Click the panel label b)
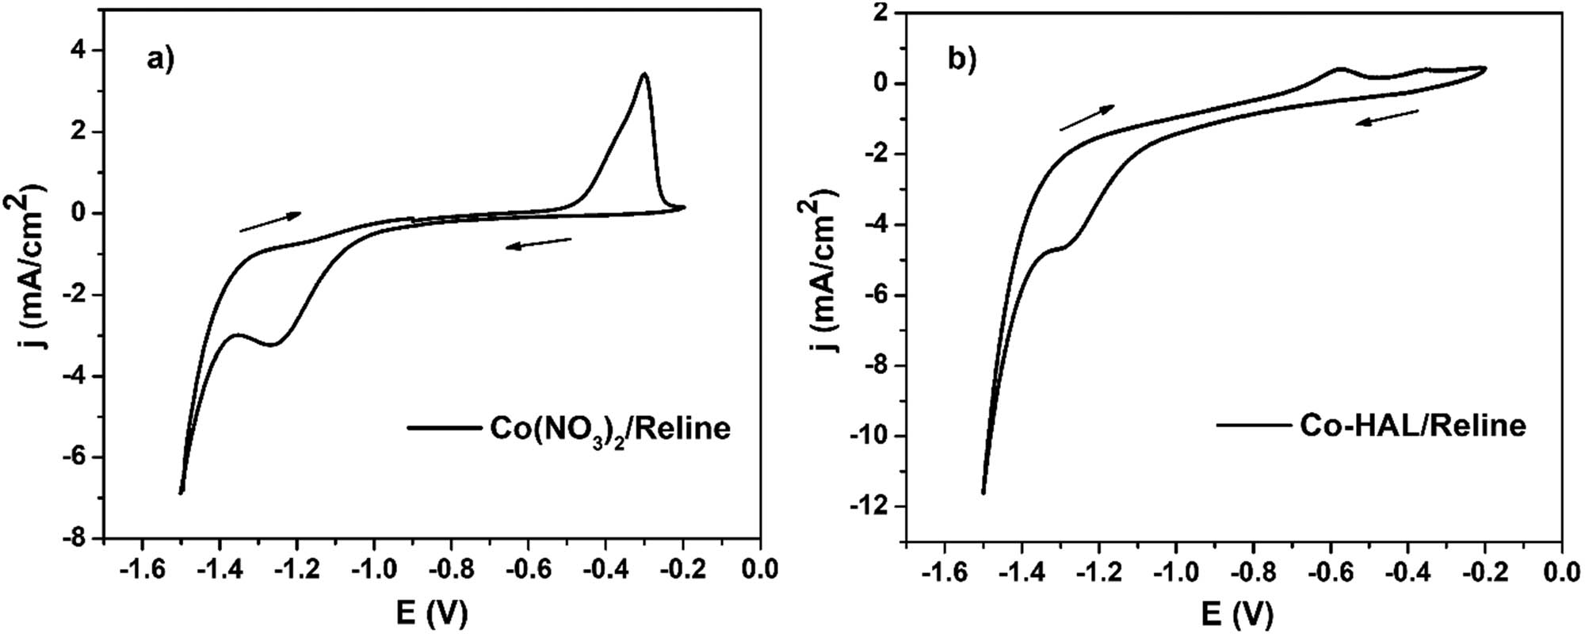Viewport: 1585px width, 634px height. click(x=962, y=60)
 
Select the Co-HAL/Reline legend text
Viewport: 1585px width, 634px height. click(x=1412, y=426)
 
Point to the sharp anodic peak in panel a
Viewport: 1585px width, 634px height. click(x=645, y=74)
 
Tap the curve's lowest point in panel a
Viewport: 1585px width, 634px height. click(x=181, y=492)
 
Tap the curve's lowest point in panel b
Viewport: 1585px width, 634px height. click(x=983, y=492)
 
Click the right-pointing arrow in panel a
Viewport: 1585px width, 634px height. click(x=269, y=222)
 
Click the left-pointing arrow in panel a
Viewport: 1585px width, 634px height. click(x=539, y=243)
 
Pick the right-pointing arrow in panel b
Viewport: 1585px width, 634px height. click(x=1087, y=117)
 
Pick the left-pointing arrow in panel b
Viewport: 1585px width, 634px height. click(x=1387, y=118)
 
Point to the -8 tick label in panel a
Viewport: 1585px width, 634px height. click(x=77, y=539)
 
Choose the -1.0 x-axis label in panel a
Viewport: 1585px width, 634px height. click(x=373, y=568)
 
